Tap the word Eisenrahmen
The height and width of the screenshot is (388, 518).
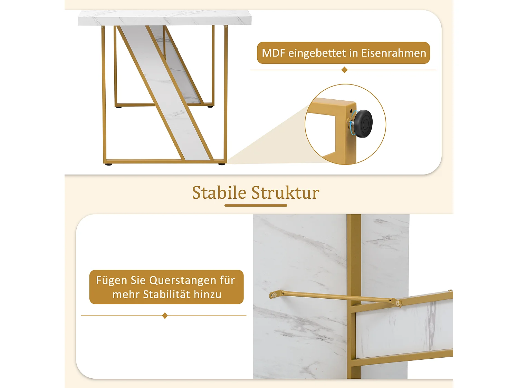click(x=394, y=53)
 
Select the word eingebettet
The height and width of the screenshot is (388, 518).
click(x=317, y=53)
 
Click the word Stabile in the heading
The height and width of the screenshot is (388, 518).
click(x=219, y=192)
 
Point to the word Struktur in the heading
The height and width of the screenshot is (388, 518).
click(x=285, y=192)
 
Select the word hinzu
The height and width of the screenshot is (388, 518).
click(x=208, y=295)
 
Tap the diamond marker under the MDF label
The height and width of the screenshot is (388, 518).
click(x=344, y=70)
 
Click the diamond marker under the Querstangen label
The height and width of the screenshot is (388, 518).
click(x=165, y=316)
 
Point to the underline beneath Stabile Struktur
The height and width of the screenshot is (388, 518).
click(x=256, y=206)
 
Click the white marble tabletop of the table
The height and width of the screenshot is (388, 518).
click(x=164, y=18)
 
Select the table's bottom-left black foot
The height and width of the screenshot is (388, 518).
click(x=109, y=165)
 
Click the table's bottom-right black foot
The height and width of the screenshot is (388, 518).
click(x=222, y=164)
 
